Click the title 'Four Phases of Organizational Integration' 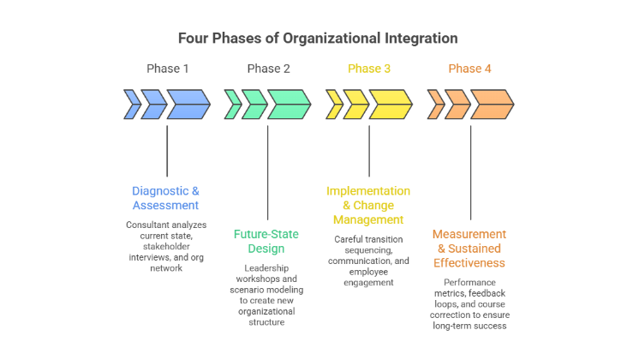pyautogui.click(x=318, y=39)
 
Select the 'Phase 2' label pyautogui.click(x=268, y=69)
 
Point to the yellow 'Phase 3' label pyautogui.click(x=369, y=69)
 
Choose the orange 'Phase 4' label pyautogui.click(x=470, y=69)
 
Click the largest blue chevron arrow pyautogui.click(x=188, y=105)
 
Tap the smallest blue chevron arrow pyautogui.click(x=132, y=105)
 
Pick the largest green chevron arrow pyautogui.click(x=289, y=105)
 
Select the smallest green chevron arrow pyautogui.click(x=232, y=105)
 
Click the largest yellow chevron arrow pyautogui.click(x=390, y=105)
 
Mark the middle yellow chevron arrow pyautogui.click(x=355, y=105)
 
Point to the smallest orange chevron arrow pyautogui.click(x=435, y=105)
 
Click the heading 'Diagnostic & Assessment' pyautogui.click(x=165, y=198)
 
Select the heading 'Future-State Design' pyautogui.click(x=267, y=241)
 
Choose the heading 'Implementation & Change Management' pyautogui.click(x=368, y=206)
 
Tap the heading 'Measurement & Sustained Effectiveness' pyautogui.click(x=469, y=249)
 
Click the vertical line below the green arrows pyautogui.click(x=268, y=171)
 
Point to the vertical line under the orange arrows pyautogui.click(x=470, y=171)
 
